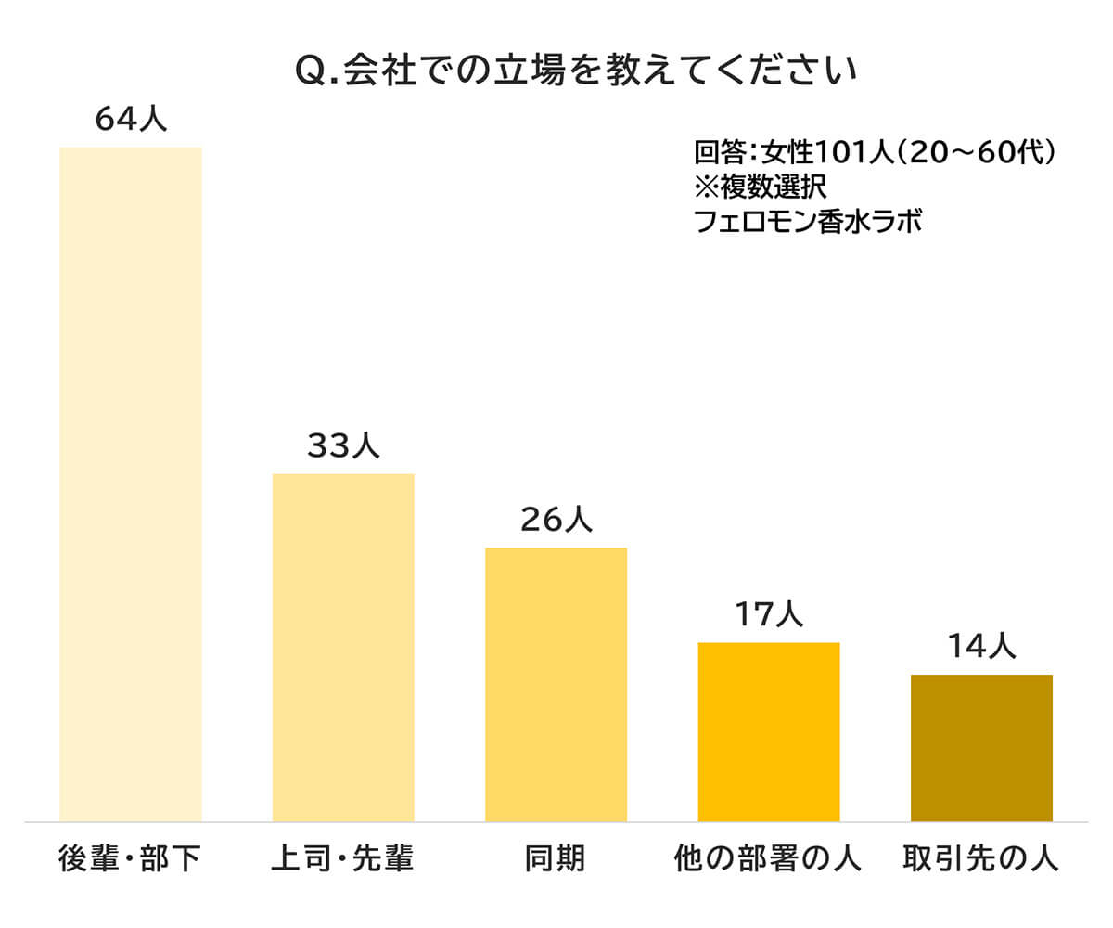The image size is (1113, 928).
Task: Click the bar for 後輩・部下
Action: coord(131,483)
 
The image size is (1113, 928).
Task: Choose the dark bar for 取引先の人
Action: coord(981,747)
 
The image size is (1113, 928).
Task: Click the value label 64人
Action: coord(131,120)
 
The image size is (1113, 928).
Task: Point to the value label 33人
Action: coord(343,446)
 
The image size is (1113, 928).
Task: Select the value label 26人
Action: coord(556,521)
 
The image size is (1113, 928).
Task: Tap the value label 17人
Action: coord(768,614)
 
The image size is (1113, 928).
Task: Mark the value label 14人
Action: coord(981,647)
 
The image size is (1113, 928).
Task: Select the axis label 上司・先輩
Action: coord(342,859)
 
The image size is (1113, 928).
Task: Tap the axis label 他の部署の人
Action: coord(768,859)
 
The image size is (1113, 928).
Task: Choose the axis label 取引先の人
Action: coord(980,859)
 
